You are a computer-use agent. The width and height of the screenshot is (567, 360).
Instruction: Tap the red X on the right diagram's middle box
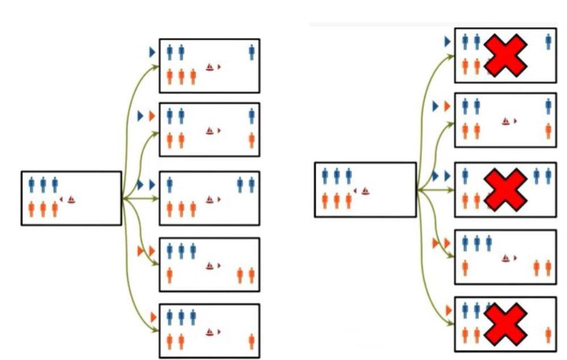(x=506, y=190)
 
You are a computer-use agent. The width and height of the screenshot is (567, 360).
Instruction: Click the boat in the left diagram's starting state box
(x=71, y=199)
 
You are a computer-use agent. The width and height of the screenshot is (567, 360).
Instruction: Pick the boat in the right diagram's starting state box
(x=366, y=191)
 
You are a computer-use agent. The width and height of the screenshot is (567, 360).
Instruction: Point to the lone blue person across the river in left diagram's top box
(x=251, y=53)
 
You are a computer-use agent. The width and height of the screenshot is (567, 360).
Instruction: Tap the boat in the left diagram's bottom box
(x=210, y=332)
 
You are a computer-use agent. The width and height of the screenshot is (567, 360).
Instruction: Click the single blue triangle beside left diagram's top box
(x=152, y=52)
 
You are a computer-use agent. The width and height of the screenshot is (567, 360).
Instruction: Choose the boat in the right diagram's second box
(x=505, y=121)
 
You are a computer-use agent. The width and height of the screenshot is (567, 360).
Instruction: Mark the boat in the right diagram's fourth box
(x=505, y=258)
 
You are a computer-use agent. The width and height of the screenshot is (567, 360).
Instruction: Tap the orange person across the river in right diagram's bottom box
(x=548, y=335)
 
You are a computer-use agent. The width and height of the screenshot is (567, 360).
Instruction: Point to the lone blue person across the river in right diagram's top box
(x=548, y=41)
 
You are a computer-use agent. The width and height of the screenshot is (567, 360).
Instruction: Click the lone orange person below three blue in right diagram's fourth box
(x=465, y=267)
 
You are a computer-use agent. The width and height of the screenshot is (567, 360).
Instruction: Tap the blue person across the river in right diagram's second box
(x=548, y=107)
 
